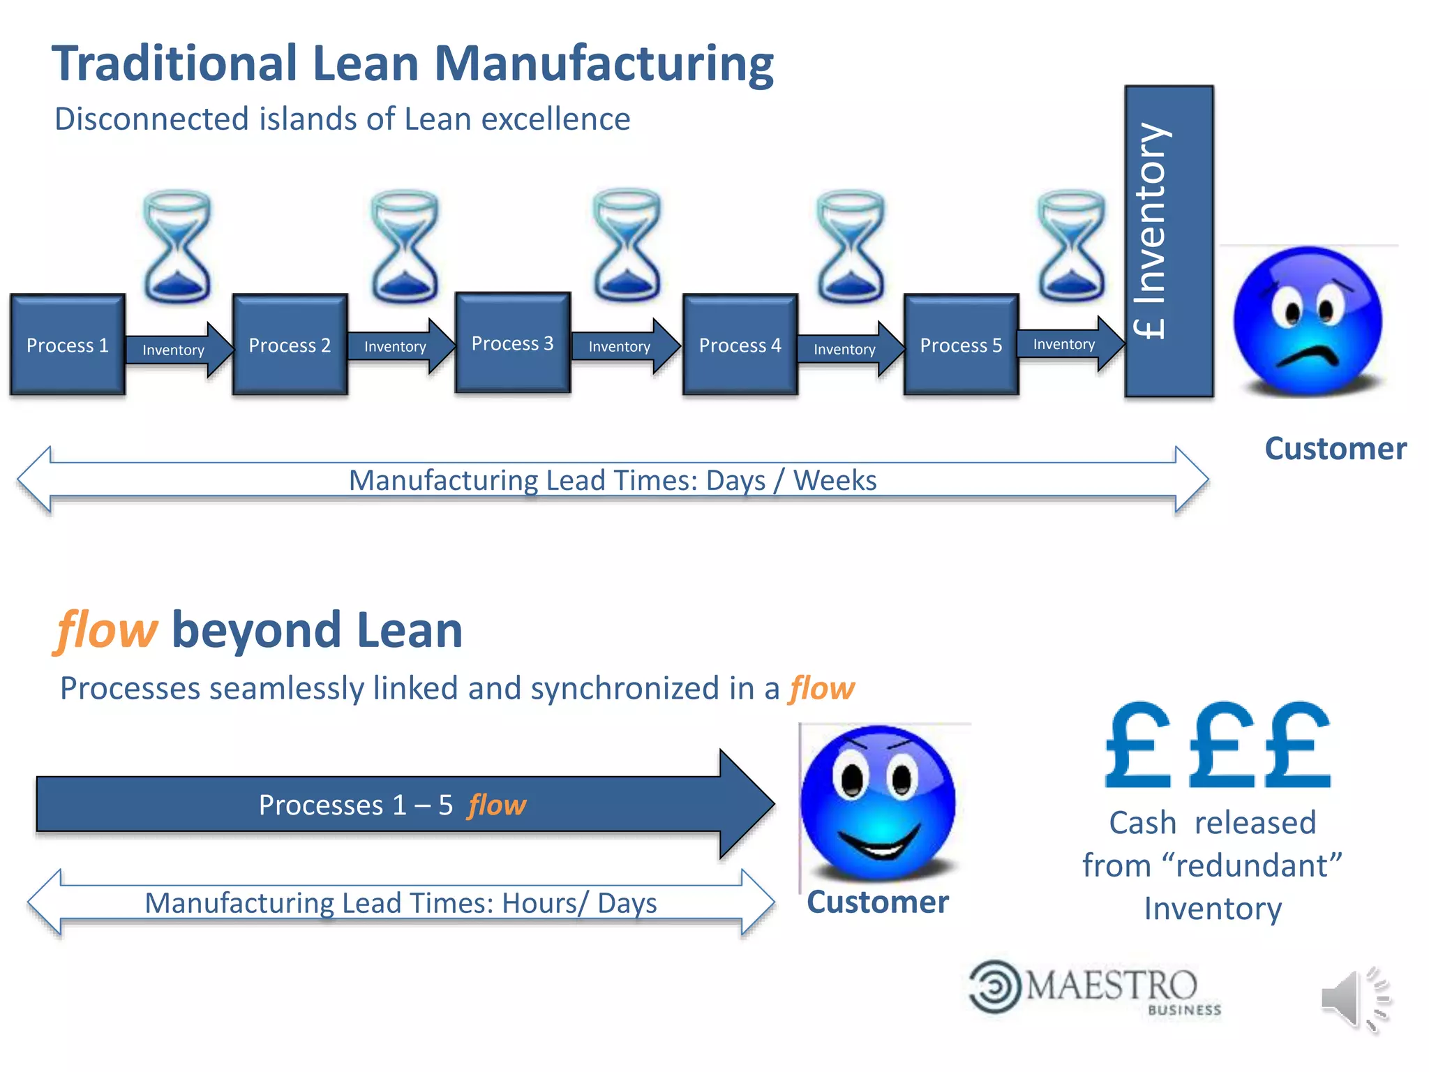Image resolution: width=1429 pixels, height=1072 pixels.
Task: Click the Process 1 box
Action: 68,345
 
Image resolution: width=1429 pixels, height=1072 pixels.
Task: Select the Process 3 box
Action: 513,343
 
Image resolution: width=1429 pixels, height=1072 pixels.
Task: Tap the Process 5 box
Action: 961,345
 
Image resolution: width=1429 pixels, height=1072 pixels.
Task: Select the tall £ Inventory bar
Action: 1169,241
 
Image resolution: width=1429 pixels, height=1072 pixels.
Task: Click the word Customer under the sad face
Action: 1336,449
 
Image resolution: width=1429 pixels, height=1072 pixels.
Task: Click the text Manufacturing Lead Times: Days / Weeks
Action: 613,480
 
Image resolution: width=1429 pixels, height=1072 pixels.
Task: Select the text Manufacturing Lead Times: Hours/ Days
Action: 401,903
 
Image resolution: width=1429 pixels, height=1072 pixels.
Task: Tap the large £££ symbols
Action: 1218,747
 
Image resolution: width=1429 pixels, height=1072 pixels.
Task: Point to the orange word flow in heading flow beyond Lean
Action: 106,630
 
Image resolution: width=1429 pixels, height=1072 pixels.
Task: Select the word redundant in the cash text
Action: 1252,866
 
